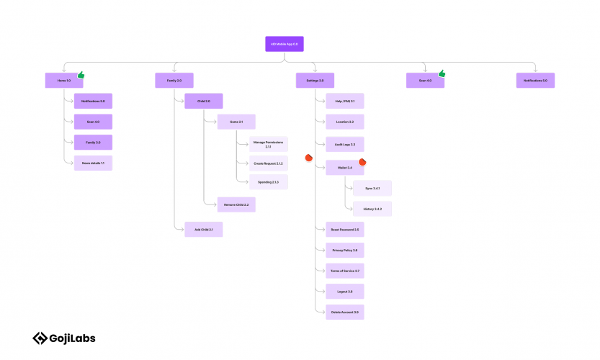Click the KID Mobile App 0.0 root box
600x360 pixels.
click(284, 44)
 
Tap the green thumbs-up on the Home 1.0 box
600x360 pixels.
click(81, 74)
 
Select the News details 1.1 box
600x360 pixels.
click(93, 163)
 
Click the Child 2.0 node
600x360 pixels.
click(203, 101)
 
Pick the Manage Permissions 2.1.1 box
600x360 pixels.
click(268, 144)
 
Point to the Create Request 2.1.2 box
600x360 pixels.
click(268, 163)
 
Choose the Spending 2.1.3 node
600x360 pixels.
click(268, 181)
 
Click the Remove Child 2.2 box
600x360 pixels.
click(236, 204)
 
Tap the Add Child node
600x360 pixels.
click(203, 230)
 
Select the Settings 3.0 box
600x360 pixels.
click(315, 81)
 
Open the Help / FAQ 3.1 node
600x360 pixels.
click(344, 101)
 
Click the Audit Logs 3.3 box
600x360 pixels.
click(344, 144)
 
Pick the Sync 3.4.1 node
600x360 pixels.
click(372, 188)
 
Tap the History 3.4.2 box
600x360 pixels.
click(372, 209)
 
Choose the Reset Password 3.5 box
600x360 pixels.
click(344, 230)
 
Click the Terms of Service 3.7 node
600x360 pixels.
click(344, 271)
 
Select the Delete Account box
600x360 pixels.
click(344, 312)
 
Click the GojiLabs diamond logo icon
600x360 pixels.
click(40, 338)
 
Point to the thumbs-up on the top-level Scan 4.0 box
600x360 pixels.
click(442, 73)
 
